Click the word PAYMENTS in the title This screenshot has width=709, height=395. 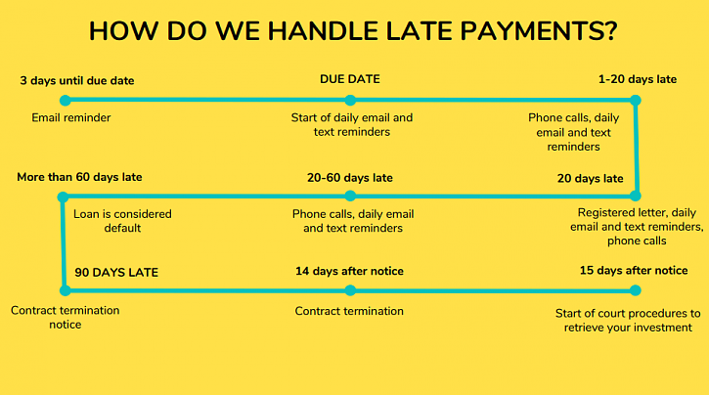coord(529,30)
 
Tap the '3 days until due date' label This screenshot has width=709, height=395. coord(77,80)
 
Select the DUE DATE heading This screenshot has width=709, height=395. coord(350,79)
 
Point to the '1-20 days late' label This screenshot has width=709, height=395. coord(637,79)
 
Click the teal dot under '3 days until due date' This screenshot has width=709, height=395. coord(65,100)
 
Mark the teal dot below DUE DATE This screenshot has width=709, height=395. coord(351,100)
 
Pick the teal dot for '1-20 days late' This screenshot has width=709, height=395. coord(636,100)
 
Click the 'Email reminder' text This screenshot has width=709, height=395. coord(71,118)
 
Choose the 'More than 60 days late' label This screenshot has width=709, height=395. coord(79,177)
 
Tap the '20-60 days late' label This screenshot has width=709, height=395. coord(350,178)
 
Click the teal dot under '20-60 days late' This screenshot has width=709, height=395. coord(351,196)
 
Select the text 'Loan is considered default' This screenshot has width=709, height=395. coord(123,221)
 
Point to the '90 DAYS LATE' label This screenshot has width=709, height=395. coord(116,272)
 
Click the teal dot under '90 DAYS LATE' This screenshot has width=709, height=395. coord(65,289)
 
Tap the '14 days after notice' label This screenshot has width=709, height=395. coord(350,271)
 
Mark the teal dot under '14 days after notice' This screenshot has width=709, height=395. coord(351,289)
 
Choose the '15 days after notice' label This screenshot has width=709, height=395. coord(633,271)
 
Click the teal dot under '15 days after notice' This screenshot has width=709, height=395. coord(636,289)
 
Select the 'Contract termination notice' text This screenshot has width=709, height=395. coord(66,317)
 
